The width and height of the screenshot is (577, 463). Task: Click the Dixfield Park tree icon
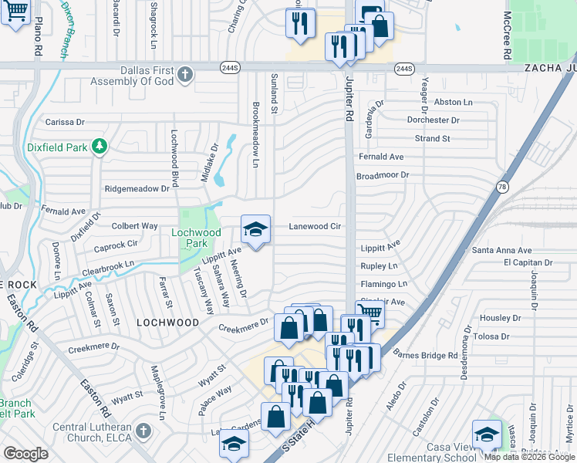click(99, 146)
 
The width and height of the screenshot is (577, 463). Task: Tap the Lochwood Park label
click(195, 238)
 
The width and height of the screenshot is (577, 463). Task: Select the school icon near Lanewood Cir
click(256, 229)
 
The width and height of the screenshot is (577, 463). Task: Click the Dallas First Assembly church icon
click(184, 74)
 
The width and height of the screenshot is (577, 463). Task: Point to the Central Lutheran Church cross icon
click(143, 431)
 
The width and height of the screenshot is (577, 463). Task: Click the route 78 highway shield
click(502, 187)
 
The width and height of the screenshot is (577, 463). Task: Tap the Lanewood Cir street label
click(315, 227)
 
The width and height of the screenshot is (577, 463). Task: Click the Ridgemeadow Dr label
click(137, 188)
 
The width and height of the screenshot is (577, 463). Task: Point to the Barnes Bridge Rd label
click(424, 355)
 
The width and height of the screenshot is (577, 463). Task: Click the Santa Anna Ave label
click(502, 250)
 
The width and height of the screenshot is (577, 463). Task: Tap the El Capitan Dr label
click(529, 262)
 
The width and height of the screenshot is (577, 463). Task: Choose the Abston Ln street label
click(454, 102)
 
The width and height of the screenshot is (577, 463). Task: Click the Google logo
click(25, 454)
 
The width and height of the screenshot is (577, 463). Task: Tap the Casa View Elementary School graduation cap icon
click(487, 434)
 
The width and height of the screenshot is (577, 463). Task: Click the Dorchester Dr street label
click(434, 120)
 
